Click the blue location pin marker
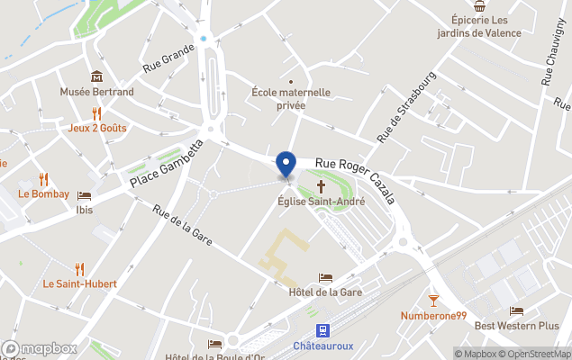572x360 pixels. (286, 164)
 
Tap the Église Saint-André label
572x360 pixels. (321, 202)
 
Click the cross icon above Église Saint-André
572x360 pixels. (321, 186)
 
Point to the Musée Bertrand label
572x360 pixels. (96, 92)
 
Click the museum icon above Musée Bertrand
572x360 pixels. (96, 76)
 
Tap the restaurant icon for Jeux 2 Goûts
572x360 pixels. (96, 113)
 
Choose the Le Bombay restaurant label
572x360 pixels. (37, 193)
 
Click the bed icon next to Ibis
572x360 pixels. (84, 195)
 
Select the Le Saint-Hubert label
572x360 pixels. (79, 283)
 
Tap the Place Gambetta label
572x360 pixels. (167, 164)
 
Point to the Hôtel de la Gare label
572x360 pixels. (325, 292)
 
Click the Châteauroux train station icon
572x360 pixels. (322, 330)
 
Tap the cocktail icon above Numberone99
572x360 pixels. (433, 300)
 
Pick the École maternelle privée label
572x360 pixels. (290, 99)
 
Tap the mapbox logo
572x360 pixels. (39, 348)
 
